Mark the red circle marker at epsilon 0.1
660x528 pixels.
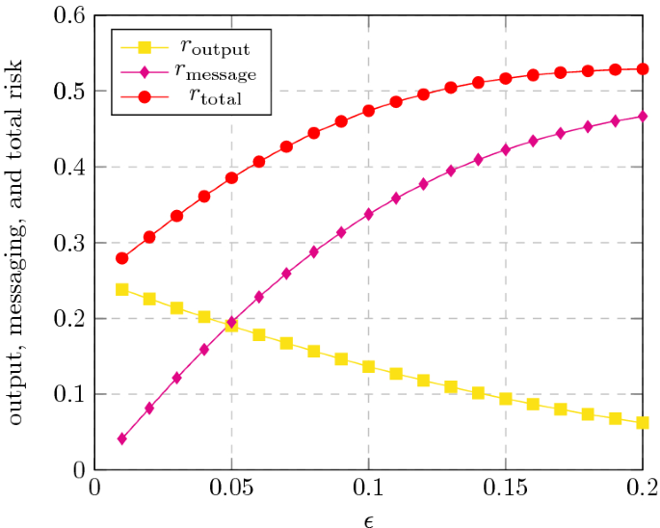click(x=368, y=111)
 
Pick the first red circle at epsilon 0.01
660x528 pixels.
click(x=121, y=258)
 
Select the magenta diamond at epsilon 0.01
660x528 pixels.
click(x=121, y=439)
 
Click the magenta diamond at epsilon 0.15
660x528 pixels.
click(x=506, y=149)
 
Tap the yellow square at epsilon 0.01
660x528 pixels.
click(x=121, y=290)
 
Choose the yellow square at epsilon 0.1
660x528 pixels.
click(x=368, y=367)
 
